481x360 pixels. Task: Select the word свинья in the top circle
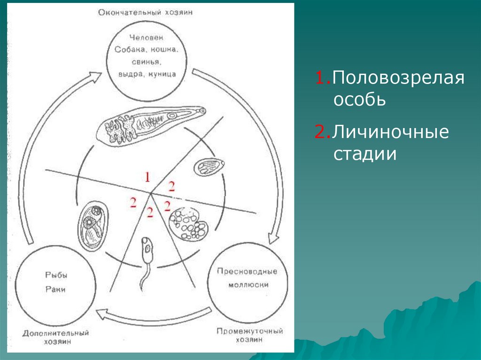(145, 61)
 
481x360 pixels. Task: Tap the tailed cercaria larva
(146, 261)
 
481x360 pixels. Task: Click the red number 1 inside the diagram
(147, 177)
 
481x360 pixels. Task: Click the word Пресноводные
(247, 271)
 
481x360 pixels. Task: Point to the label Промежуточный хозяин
(249, 336)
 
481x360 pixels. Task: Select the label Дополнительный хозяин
(55, 337)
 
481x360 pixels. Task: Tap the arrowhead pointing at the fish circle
(101, 313)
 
